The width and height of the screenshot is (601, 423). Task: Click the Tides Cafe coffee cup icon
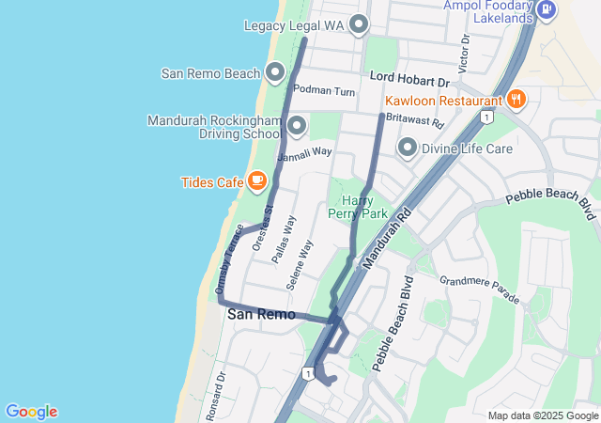(x=256, y=181)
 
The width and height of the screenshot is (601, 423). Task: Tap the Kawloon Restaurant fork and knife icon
(x=516, y=100)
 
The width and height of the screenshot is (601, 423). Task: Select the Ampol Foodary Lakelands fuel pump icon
(x=547, y=11)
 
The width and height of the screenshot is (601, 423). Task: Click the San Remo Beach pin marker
(x=275, y=71)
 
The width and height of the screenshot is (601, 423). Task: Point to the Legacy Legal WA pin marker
(x=358, y=24)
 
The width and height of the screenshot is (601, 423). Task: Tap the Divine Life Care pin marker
(x=408, y=147)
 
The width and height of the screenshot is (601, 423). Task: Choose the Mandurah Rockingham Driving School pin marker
(x=298, y=125)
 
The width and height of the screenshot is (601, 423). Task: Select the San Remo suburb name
(x=261, y=315)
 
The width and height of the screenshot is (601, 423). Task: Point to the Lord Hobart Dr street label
(x=410, y=80)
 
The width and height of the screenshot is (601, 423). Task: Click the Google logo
(x=31, y=412)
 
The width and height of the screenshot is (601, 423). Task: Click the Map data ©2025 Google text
(x=543, y=415)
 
